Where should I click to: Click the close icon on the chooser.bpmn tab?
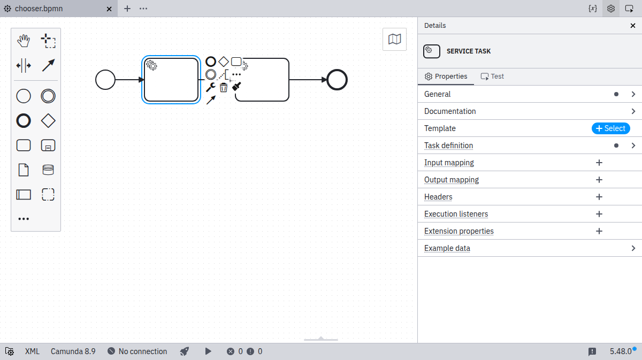pyautogui.click(x=109, y=9)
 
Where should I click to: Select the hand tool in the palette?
pyautogui.click(x=24, y=41)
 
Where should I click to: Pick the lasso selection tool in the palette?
pyautogui.click(x=48, y=41)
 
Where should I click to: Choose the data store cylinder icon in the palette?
pyautogui.click(x=48, y=170)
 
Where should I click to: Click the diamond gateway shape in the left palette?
pyautogui.click(x=48, y=121)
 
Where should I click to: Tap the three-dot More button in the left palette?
pyautogui.click(x=24, y=219)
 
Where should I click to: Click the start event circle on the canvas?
pyautogui.click(x=105, y=80)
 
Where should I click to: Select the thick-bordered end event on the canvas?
pyautogui.click(x=337, y=80)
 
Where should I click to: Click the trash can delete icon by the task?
pyautogui.click(x=224, y=87)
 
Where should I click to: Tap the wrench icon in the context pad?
pyautogui.click(x=211, y=87)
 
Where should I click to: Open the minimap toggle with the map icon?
pyautogui.click(x=394, y=39)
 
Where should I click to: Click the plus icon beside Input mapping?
pyautogui.click(x=599, y=163)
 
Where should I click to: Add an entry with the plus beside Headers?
pyautogui.click(x=599, y=197)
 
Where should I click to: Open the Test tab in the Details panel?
pyautogui.click(x=492, y=76)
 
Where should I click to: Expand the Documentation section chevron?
pyautogui.click(x=633, y=111)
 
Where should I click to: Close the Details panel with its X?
pyautogui.click(x=633, y=26)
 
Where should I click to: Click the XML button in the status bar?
pyautogui.click(x=32, y=351)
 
